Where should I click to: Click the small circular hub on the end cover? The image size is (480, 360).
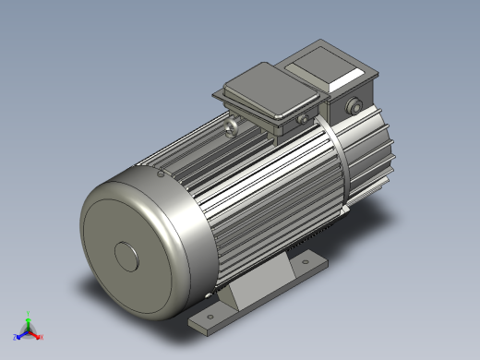click(127, 256)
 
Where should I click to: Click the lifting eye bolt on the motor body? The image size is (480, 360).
click(233, 121)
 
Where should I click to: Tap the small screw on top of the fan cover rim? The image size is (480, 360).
click(161, 172)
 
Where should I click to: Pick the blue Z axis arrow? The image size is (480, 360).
click(21, 333)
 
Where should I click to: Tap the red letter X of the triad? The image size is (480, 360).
click(42, 337)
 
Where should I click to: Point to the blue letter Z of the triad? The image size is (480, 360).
click(16, 337)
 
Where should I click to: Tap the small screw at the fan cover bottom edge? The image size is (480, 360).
click(204, 295)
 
